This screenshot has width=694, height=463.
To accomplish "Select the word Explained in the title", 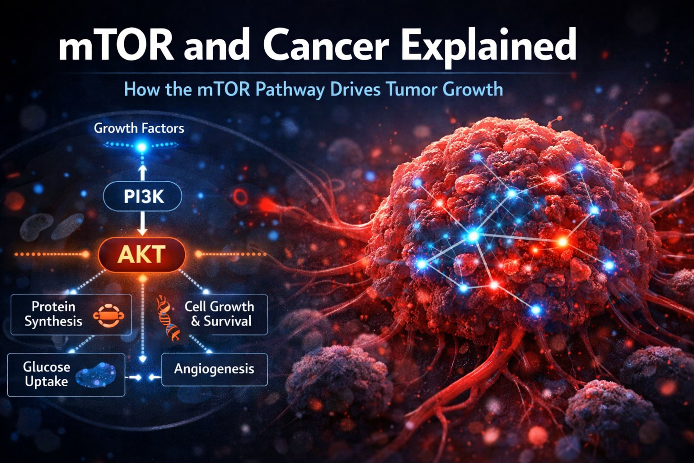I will pyautogui.click(x=488, y=46).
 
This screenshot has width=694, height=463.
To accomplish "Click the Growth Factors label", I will pyautogui.click(x=139, y=128).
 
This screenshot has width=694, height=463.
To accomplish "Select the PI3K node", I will pyautogui.click(x=143, y=197).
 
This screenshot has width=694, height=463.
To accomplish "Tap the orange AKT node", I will pyautogui.click(x=142, y=255).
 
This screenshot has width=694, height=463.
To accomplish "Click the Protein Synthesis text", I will pyautogui.click(x=53, y=314).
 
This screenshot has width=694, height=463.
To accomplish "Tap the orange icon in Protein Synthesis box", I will pyautogui.click(x=108, y=316).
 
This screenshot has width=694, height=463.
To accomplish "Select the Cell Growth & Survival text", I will pyautogui.click(x=219, y=314).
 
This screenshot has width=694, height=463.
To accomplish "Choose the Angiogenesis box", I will pyautogui.click(x=214, y=369).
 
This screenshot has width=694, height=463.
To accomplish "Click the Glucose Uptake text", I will pyautogui.click(x=47, y=374).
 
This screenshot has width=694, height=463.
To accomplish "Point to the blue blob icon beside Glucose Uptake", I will pyautogui.click(x=96, y=375).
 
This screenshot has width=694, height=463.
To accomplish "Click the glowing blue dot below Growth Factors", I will pyautogui.click(x=142, y=146).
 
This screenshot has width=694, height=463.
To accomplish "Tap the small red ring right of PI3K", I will pyautogui.click(x=240, y=197).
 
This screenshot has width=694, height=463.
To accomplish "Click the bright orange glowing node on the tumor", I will pyautogui.click(x=562, y=242).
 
